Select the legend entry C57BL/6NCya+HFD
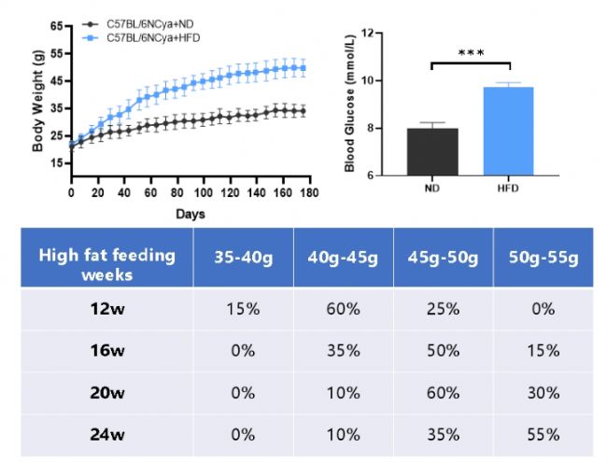151,36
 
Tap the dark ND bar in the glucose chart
431,151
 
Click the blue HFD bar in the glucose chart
509,131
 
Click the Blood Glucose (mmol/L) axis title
350,104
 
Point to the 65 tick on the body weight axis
58,25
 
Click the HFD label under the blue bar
509,188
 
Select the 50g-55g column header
542,256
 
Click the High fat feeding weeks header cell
106,265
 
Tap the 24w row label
106,434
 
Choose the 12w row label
106,309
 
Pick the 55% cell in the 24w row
542,434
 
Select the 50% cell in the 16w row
443,351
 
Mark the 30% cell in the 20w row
542,392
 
